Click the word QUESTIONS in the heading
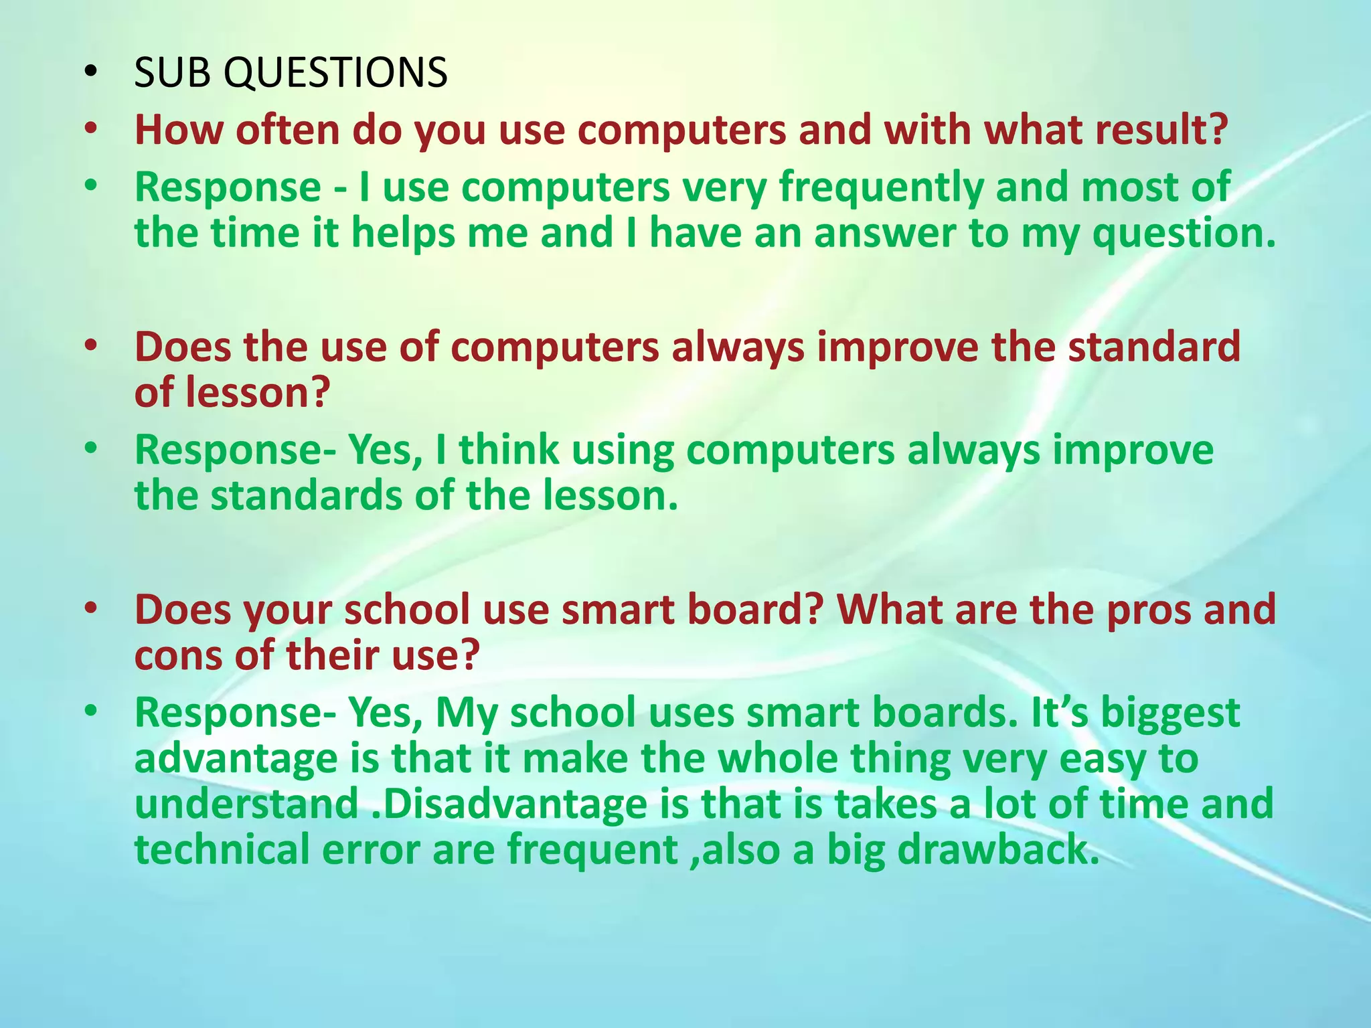[335, 72]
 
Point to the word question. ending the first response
[1184, 234]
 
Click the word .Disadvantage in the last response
[509, 804]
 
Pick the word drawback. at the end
[998, 849]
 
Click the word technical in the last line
[222, 849]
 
